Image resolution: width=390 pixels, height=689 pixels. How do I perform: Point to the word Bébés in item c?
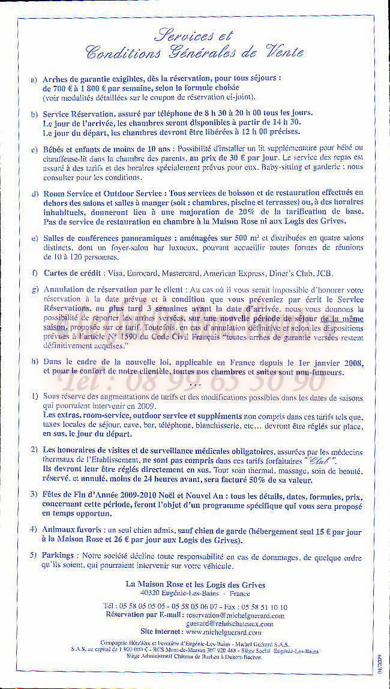pyautogui.click(x=55, y=148)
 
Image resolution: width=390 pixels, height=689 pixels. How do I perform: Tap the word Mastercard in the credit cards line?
pyautogui.click(x=181, y=274)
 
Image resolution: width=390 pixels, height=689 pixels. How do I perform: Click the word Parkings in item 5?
pyautogui.click(x=59, y=556)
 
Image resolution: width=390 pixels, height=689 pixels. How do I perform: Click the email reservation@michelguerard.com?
pyautogui.click(x=235, y=615)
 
